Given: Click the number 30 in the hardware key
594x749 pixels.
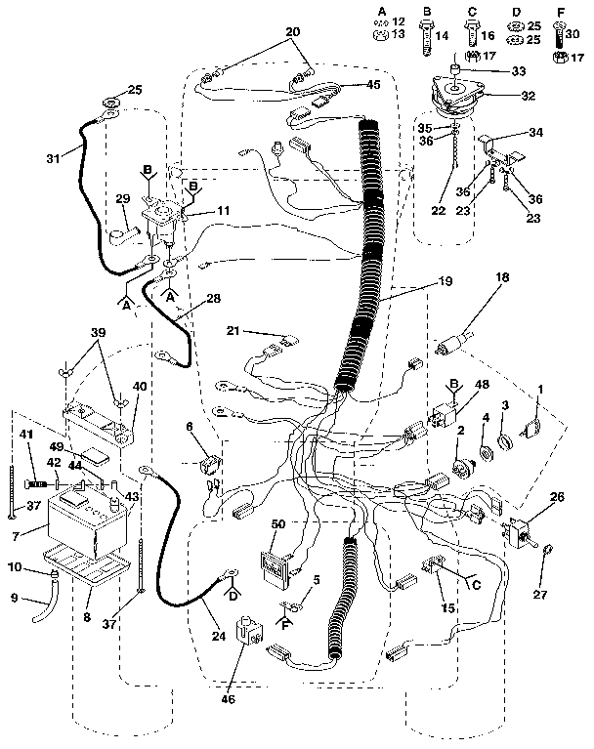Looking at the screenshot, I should pos(573,31).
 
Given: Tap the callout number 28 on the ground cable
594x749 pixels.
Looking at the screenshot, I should pos(213,298).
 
